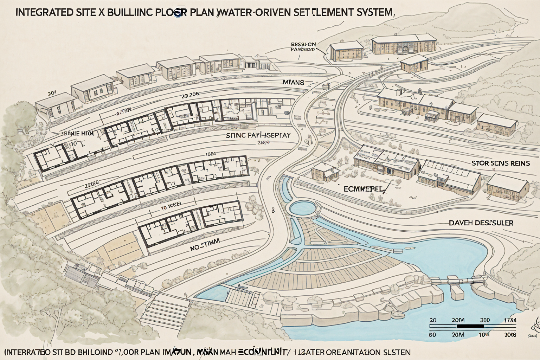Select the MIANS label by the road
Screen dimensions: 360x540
[293, 83]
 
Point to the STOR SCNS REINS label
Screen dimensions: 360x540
[500, 163]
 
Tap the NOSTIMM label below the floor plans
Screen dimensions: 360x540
[205, 243]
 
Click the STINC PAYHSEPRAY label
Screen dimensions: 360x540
[258, 135]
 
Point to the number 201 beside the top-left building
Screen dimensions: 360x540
[52, 94]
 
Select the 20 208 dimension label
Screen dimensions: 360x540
[190, 94]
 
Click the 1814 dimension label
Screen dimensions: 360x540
[211, 154]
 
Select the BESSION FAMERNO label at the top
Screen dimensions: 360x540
[303, 47]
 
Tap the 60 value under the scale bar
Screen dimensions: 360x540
[433, 335]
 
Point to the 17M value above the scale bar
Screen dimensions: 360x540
[510, 320]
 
